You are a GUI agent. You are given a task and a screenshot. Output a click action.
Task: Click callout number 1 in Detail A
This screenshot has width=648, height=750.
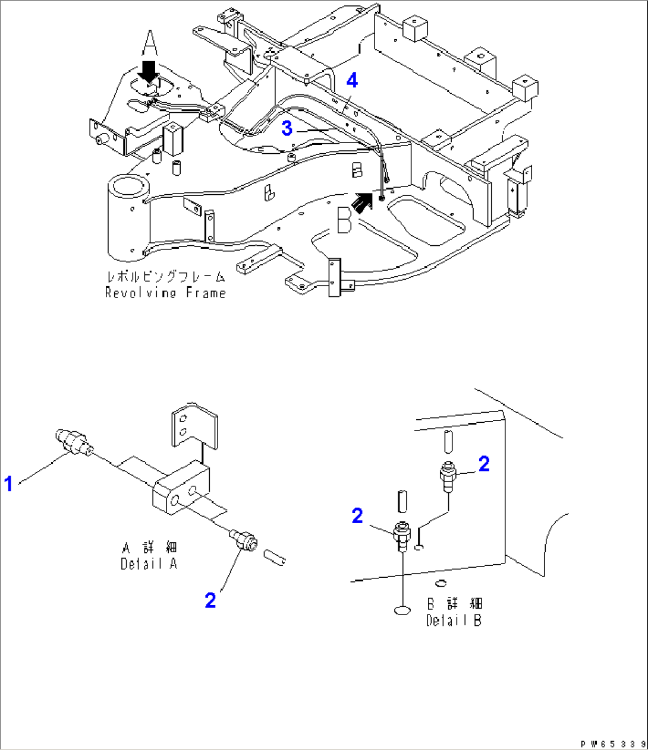tap(8, 485)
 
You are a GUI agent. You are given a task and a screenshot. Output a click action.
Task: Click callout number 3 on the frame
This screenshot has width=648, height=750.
tap(287, 128)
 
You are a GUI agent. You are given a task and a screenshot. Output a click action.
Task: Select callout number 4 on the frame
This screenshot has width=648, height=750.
tap(353, 80)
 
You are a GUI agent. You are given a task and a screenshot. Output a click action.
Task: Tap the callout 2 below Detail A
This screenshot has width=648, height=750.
tap(210, 600)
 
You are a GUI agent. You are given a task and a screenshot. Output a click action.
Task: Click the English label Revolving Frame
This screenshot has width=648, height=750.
tap(165, 293)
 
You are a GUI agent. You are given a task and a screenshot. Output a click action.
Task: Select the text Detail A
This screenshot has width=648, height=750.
tap(149, 564)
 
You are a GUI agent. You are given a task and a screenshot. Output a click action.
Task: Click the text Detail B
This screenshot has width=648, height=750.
tap(454, 621)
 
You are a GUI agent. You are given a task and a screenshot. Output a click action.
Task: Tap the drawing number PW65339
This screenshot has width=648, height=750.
tap(612, 743)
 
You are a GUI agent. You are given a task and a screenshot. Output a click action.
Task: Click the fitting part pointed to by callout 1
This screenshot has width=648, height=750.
tap(72, 442)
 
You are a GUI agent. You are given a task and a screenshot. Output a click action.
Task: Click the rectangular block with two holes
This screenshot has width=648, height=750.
tap(181, 486)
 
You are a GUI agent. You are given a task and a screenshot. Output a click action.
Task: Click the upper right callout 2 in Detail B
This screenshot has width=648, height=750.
tap(484, 464)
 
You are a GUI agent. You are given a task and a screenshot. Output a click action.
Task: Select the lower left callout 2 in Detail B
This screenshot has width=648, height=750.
tap(357, 515)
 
